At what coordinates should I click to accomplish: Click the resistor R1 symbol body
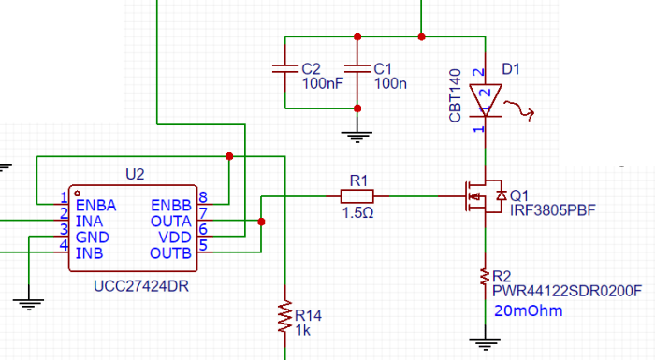click(357, 196)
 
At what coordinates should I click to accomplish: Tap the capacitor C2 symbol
click(283, 69)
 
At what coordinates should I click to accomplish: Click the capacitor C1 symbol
click(356, 69)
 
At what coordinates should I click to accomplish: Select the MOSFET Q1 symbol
click(484, 196)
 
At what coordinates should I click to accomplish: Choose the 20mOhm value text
click(528, 310)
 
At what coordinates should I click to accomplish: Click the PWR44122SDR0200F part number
click(567, 291)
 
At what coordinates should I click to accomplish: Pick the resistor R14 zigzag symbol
click(284, 316)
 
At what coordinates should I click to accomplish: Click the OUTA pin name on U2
click(170, 221)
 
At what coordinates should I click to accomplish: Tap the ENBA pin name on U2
click(96, 204)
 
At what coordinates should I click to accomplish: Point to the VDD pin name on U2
click(176, 237)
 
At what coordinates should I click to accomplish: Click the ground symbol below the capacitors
click(356, 136)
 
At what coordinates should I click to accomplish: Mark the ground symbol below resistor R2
click(485, 342)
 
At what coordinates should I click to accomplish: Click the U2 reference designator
click(136, 174)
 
